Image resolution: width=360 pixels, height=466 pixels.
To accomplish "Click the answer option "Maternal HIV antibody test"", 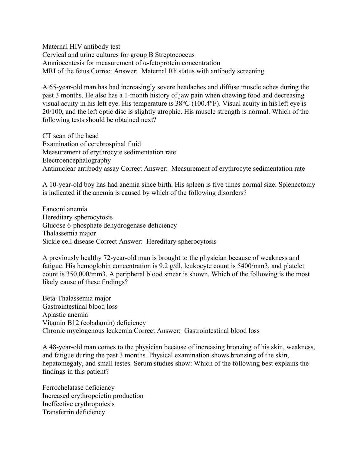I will [x=81, y=47].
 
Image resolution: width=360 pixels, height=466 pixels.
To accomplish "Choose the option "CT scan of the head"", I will [x=70, y=136].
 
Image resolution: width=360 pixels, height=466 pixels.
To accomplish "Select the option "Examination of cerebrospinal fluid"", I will [x=91, y=144].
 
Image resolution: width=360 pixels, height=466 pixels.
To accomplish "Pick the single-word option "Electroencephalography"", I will [x=77, y=160].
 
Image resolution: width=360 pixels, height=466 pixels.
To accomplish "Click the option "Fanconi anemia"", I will [x=65, y=209].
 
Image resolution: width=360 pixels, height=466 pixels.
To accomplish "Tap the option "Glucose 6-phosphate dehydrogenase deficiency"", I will [x=110, y=225].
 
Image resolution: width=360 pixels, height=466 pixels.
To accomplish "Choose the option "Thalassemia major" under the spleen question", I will [x=69, y=233].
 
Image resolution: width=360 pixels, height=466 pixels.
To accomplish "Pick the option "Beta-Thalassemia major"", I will [x=77, y=298].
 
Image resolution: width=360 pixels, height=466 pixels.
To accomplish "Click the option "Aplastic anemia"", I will [x=65, y=315].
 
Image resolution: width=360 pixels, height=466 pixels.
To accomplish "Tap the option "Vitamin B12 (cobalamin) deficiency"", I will [x=94, y=323].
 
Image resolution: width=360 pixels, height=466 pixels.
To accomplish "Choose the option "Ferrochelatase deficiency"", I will [x=78, y=388].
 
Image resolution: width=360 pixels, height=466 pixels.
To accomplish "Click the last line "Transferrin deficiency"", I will [x=74, y=412].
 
